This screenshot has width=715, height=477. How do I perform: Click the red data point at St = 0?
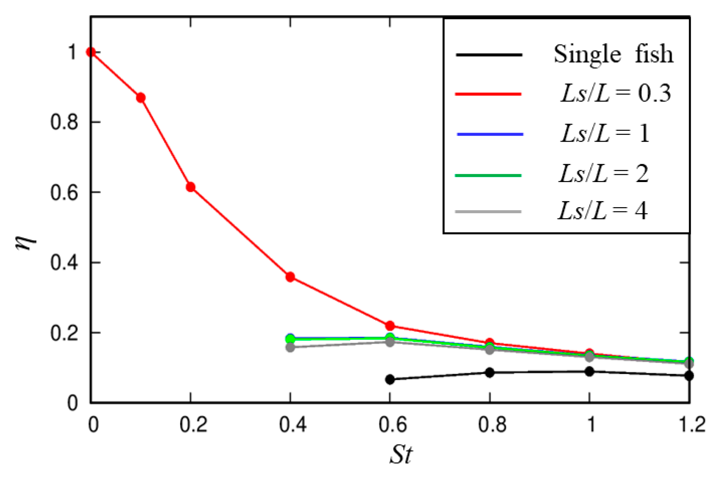[91, 52]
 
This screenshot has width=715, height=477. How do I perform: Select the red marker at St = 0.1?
[141, 98]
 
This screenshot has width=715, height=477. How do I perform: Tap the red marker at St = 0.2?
[191, 187]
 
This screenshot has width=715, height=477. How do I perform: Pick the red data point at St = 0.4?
[290, 277]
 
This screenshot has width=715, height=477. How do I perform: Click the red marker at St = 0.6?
[390, 326]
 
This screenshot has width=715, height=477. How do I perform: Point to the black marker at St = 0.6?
[390, 379]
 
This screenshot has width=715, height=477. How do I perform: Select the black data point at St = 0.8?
[490, 372]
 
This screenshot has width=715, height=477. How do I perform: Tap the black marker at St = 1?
[590, 371]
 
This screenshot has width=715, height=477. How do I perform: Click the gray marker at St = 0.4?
[290, 347]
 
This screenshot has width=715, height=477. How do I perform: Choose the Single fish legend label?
[613, 54]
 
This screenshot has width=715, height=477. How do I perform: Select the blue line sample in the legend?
[490, 134]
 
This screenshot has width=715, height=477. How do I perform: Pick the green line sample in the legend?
[488, 175]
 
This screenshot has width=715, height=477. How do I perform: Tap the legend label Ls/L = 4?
[602, 211]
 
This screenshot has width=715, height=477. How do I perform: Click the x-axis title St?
[401, 454]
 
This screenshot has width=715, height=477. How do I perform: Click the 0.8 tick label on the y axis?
[64, 122]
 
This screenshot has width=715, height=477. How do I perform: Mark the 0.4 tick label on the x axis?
[292, 425]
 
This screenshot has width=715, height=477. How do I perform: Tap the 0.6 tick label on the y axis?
[64, 193]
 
